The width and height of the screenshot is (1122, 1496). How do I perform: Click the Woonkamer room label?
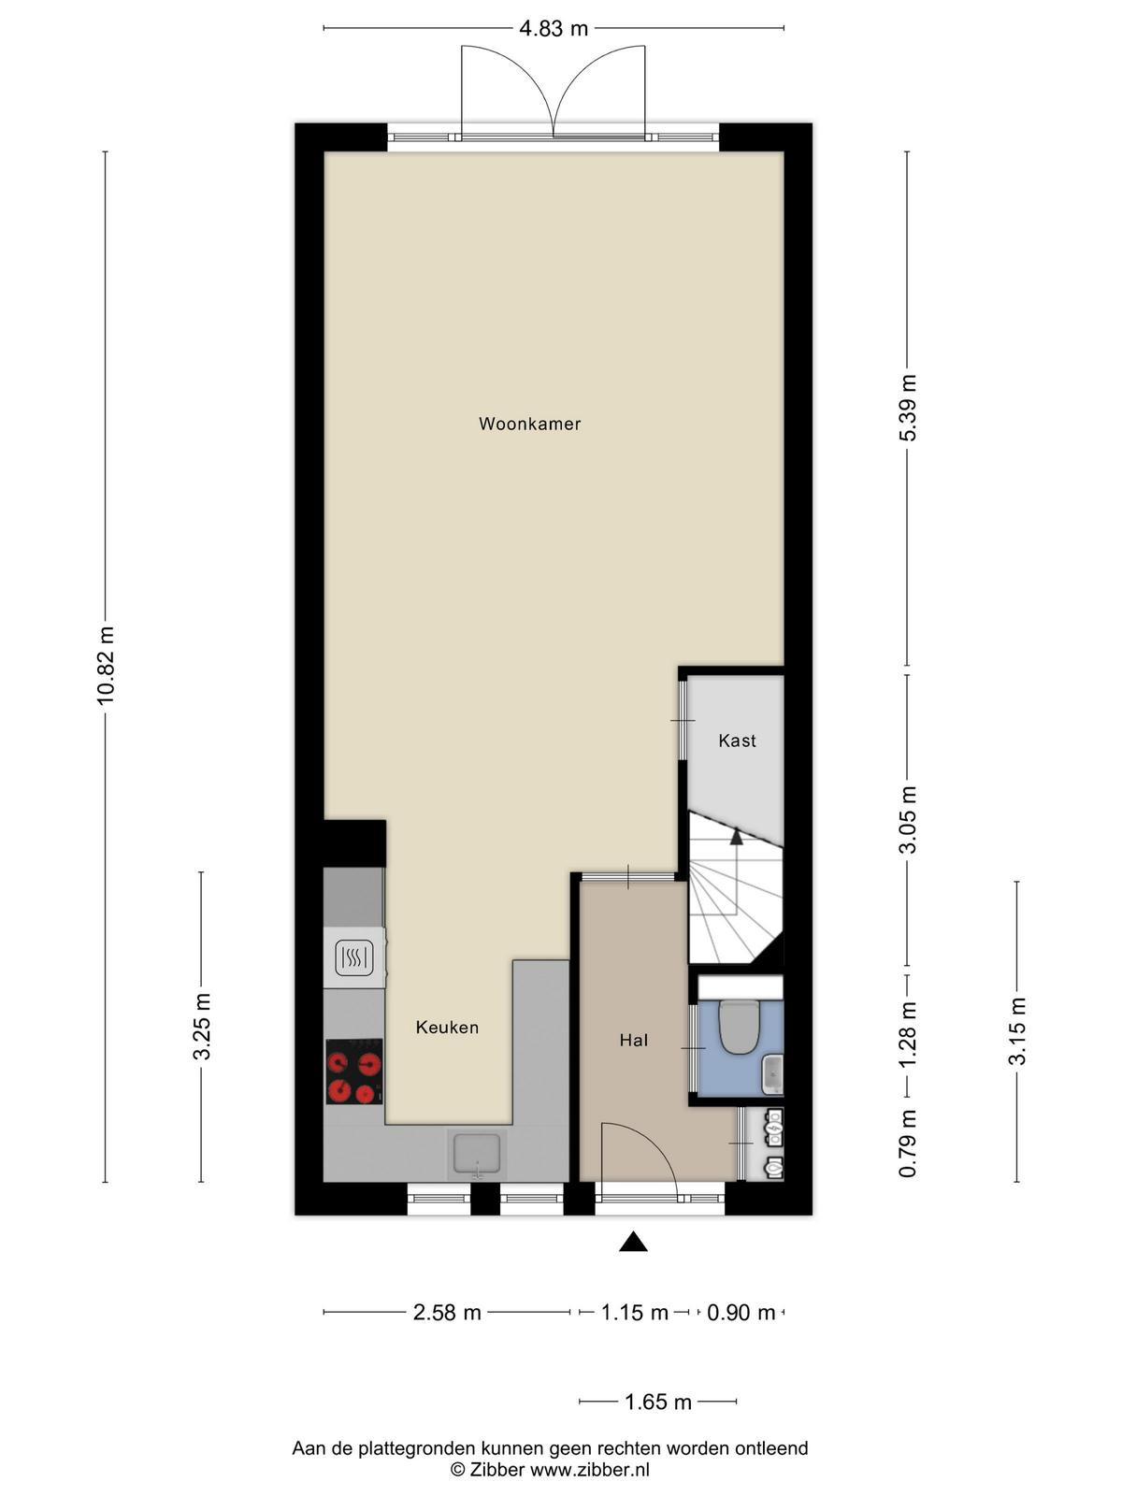(529, 424)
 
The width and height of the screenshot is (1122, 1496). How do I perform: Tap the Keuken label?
(447, 1027)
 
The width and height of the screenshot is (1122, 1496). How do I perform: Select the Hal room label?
(634, 1040)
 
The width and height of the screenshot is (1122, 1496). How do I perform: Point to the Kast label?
(737, 741)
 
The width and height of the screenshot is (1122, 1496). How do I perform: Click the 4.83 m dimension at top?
(554, 29)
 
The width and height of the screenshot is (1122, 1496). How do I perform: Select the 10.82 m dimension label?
(106, 665)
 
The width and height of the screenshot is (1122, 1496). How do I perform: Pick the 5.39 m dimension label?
(907, 408)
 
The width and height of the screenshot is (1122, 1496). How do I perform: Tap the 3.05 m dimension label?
(907, 820)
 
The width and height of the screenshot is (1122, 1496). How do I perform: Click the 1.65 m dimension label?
(658, 1402)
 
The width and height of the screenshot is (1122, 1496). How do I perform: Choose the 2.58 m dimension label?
(447, 1312)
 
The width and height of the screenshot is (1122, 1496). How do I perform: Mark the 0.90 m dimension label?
(741, 1312)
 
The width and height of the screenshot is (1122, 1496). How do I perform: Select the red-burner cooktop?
(353, 1072)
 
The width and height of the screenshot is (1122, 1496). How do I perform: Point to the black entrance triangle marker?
(633, 1242)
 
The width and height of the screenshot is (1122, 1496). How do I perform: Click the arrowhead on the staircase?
(737, 836)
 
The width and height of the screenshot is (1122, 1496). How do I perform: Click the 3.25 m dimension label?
(202, 1026)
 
